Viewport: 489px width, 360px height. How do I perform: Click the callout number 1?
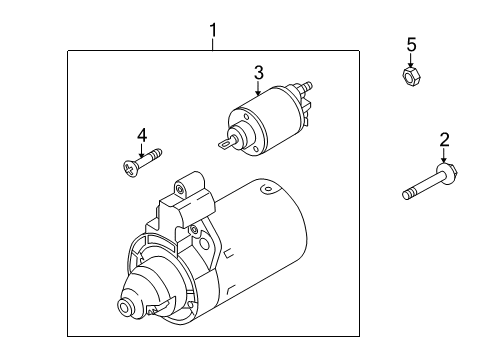pyautogui.click(x=213, y=30)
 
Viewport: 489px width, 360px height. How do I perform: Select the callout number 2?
pyautogui.click(x=444, y=140)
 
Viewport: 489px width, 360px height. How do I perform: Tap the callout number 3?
pyautogui.click(x=259, y=73)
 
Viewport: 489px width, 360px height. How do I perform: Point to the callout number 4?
pyautogui.click(x=142, y=136)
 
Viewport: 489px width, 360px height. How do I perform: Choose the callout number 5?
pyautogui.click(x=411, y=45)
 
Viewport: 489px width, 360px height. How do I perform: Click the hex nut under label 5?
pyautogui.click(x=411, y=77)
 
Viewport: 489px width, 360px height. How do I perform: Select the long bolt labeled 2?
pyautogui.click(x=430, y=182)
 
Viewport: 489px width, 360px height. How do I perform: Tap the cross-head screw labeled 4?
pyautogui.click(x=142, y=163)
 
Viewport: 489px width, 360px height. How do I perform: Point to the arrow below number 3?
pyautogui.click(x=258, y=88)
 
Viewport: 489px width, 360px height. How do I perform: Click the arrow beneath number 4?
pyautogui.click(x=142, y=151)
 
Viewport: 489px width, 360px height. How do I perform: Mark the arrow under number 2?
pyautogui.click(x=444, y=155)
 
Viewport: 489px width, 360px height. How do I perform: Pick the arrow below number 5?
pyautogui.click(x=411, y=60)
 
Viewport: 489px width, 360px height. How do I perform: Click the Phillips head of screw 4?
pyautogui.click(x=129, y=169)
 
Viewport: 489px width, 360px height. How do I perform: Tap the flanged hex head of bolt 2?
pyautogui.click(x=448, y=171)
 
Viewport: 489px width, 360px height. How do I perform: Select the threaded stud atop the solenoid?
pyautogui.click(x=305, y=86)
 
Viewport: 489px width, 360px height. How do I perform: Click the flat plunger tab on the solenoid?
pyautogui.click(x=226, y=144)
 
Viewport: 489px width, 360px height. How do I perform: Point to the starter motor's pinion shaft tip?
pyautogui.click(x=126, y=306)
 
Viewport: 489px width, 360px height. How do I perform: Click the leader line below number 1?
pyautogui.click(x=212, y=44)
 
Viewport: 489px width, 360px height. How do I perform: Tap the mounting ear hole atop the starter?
pyautogui.click(x=180, y=190)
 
